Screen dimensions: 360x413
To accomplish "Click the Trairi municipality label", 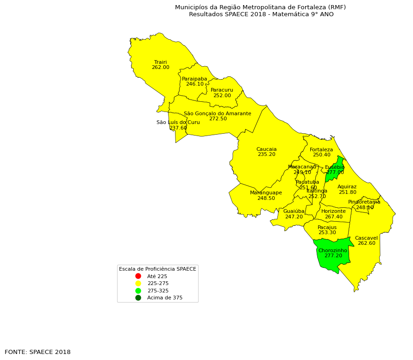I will click(x=160, y=62).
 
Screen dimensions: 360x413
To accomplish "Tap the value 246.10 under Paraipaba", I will click(x=194, y=84).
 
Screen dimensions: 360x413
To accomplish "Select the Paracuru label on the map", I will click(x=222, y=90).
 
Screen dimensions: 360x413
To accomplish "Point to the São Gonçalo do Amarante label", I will click(x=217, y=113).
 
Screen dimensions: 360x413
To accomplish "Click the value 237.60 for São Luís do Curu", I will click(x=178, y=128).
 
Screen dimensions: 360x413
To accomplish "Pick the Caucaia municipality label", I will click(x=266, y=149).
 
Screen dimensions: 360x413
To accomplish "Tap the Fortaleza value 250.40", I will click(x=321, y=155).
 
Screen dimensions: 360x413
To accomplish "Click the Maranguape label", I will click(x=266, y=192).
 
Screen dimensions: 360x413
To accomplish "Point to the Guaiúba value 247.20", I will click(x=294, y=217).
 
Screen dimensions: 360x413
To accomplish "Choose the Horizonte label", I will click(x=333, y=211).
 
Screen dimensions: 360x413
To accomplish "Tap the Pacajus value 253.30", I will click(x=327, y=233).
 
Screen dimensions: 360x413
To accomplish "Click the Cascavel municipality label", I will click(x=366, y=238).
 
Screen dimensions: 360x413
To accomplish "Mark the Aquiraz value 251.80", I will click(x=347, y=192).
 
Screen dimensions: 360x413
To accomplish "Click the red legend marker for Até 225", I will click(x=138, y=276).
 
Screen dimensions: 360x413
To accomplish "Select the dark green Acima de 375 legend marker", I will click(x=138, y=298).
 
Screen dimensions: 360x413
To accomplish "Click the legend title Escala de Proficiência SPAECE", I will click(x=157, y=269).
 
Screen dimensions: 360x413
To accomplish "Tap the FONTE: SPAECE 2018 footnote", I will click(x=38, y=352).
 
